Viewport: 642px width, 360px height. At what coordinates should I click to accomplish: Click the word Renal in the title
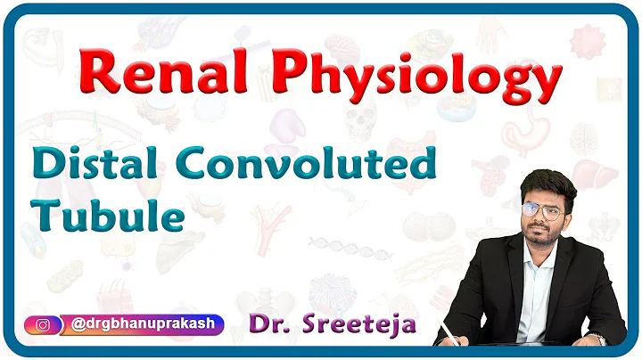click(169, 72)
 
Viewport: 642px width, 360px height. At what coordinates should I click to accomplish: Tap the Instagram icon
click(42, 324)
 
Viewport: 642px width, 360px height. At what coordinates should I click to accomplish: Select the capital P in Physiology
click(289, 72)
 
